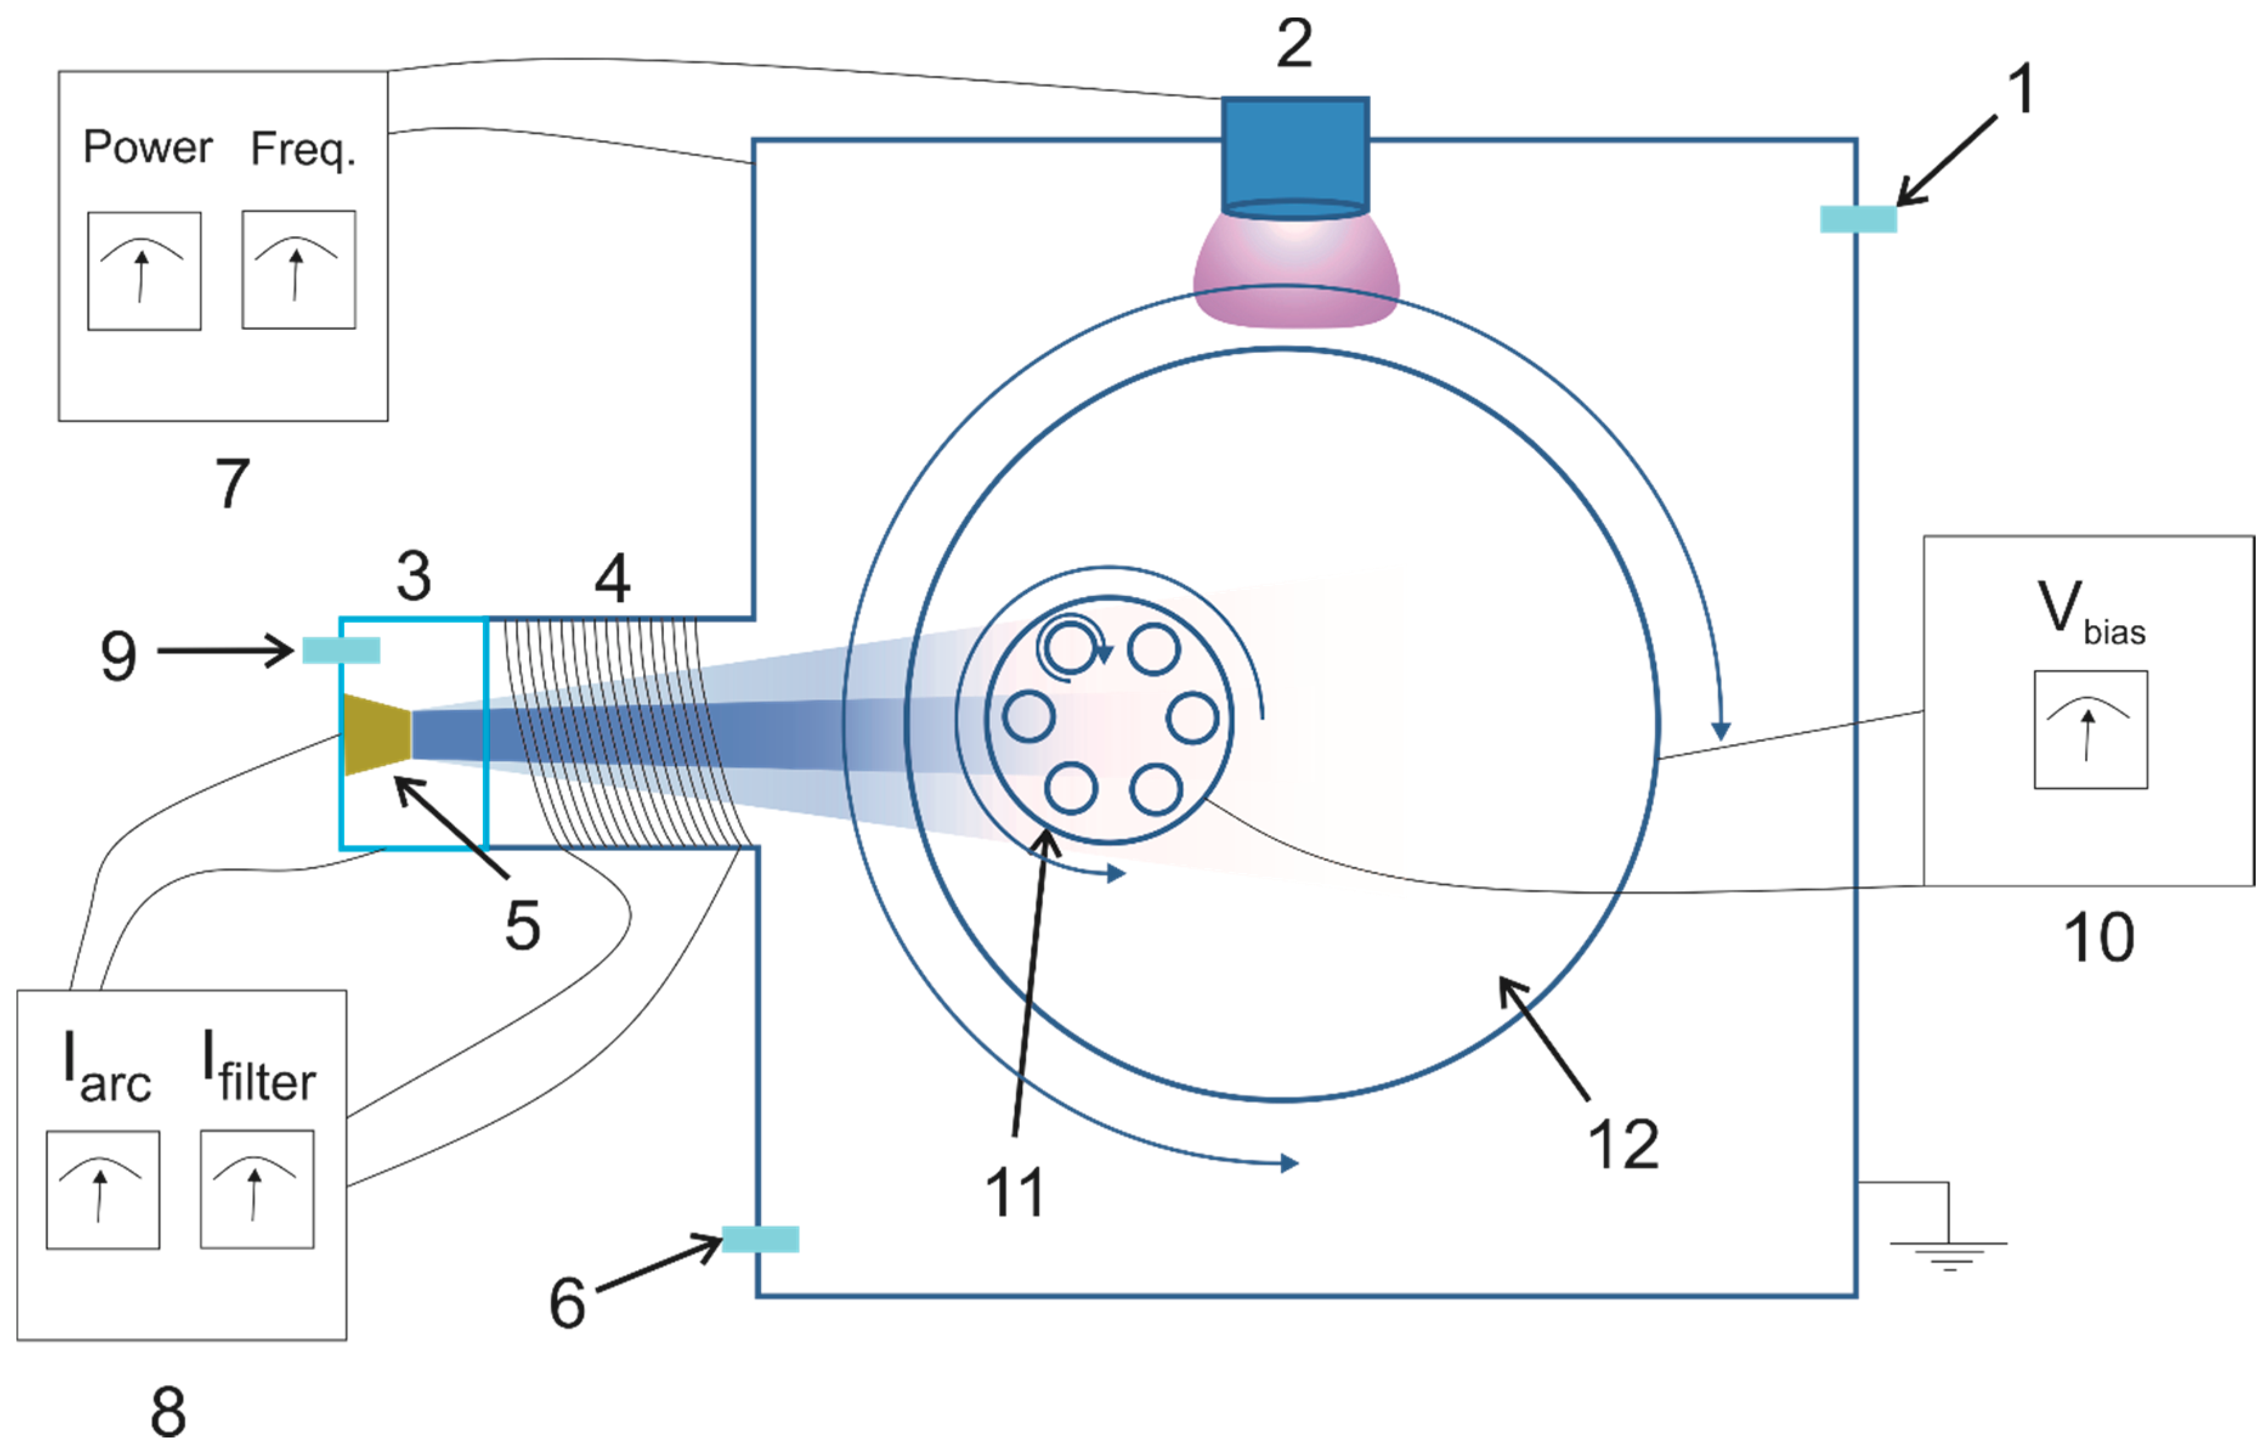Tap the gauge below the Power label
click(x=145, y=271)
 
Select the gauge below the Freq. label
click(x=299, y=270)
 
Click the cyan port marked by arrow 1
click(x=1857, y=219)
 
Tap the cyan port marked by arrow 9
click(x=341, y=650)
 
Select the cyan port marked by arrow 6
click(x=760, y=1239)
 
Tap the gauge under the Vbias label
click(x=2090, y=730)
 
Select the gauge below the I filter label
click(x=256, y=1189)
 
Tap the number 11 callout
click(x=1015, y=1192)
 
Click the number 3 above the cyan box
click(x=413, y=576)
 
